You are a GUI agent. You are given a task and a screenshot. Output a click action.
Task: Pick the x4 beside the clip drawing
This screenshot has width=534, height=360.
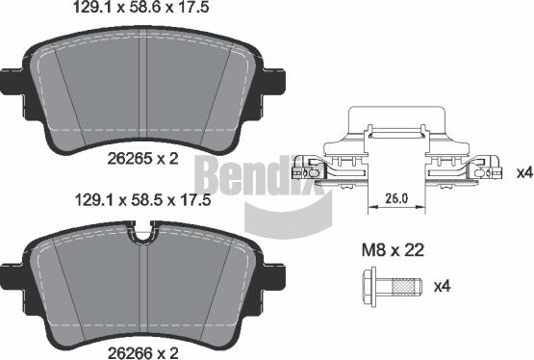coord(523,172)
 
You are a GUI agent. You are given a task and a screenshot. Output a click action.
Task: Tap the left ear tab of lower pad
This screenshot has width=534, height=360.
coord(13,273)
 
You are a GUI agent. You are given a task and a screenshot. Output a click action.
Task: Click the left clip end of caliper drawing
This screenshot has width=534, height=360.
coord(310,167)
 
